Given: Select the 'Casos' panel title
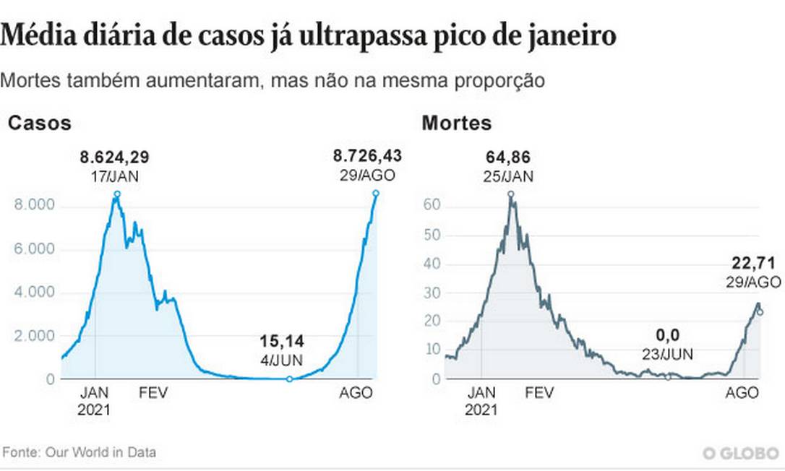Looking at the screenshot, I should (x=40, y=124).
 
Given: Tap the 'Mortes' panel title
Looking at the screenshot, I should (x=456, y=124).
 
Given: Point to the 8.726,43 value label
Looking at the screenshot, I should (x=367, y=155).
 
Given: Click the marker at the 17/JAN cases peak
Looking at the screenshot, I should (x=117, y=194).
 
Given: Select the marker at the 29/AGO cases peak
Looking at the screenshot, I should (x=376, y=193).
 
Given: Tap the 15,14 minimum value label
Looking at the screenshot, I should (x=282, y=340).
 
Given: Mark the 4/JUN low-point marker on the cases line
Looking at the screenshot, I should (x=289, y=379).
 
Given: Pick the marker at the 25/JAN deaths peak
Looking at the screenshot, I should (x=510, y=194).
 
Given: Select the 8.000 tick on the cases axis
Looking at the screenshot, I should (x=35, y=206).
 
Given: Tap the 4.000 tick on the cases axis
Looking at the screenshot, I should (x=35, y=293).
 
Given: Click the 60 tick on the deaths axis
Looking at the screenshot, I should (x=432, y=206).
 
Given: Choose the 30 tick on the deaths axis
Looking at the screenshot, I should (x=432, y=293).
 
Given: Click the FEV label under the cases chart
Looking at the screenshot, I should (x=154, y=393).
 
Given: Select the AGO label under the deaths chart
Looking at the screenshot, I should (x=742, y=393).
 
